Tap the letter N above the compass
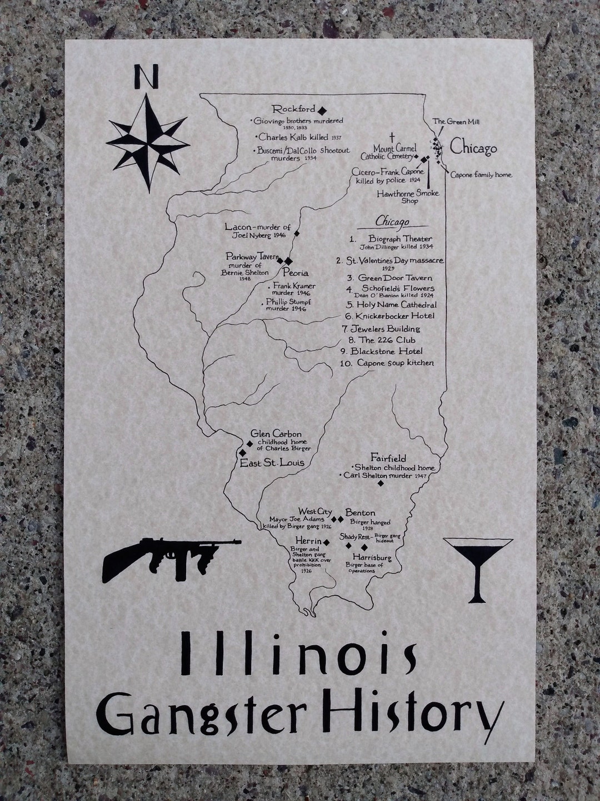point(146,77)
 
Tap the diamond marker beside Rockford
point(322,110)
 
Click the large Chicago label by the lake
point(473,148)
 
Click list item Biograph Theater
point(399,239)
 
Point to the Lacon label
point(239,227)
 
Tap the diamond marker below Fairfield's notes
point(381,483)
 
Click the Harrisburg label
point(369,557)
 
